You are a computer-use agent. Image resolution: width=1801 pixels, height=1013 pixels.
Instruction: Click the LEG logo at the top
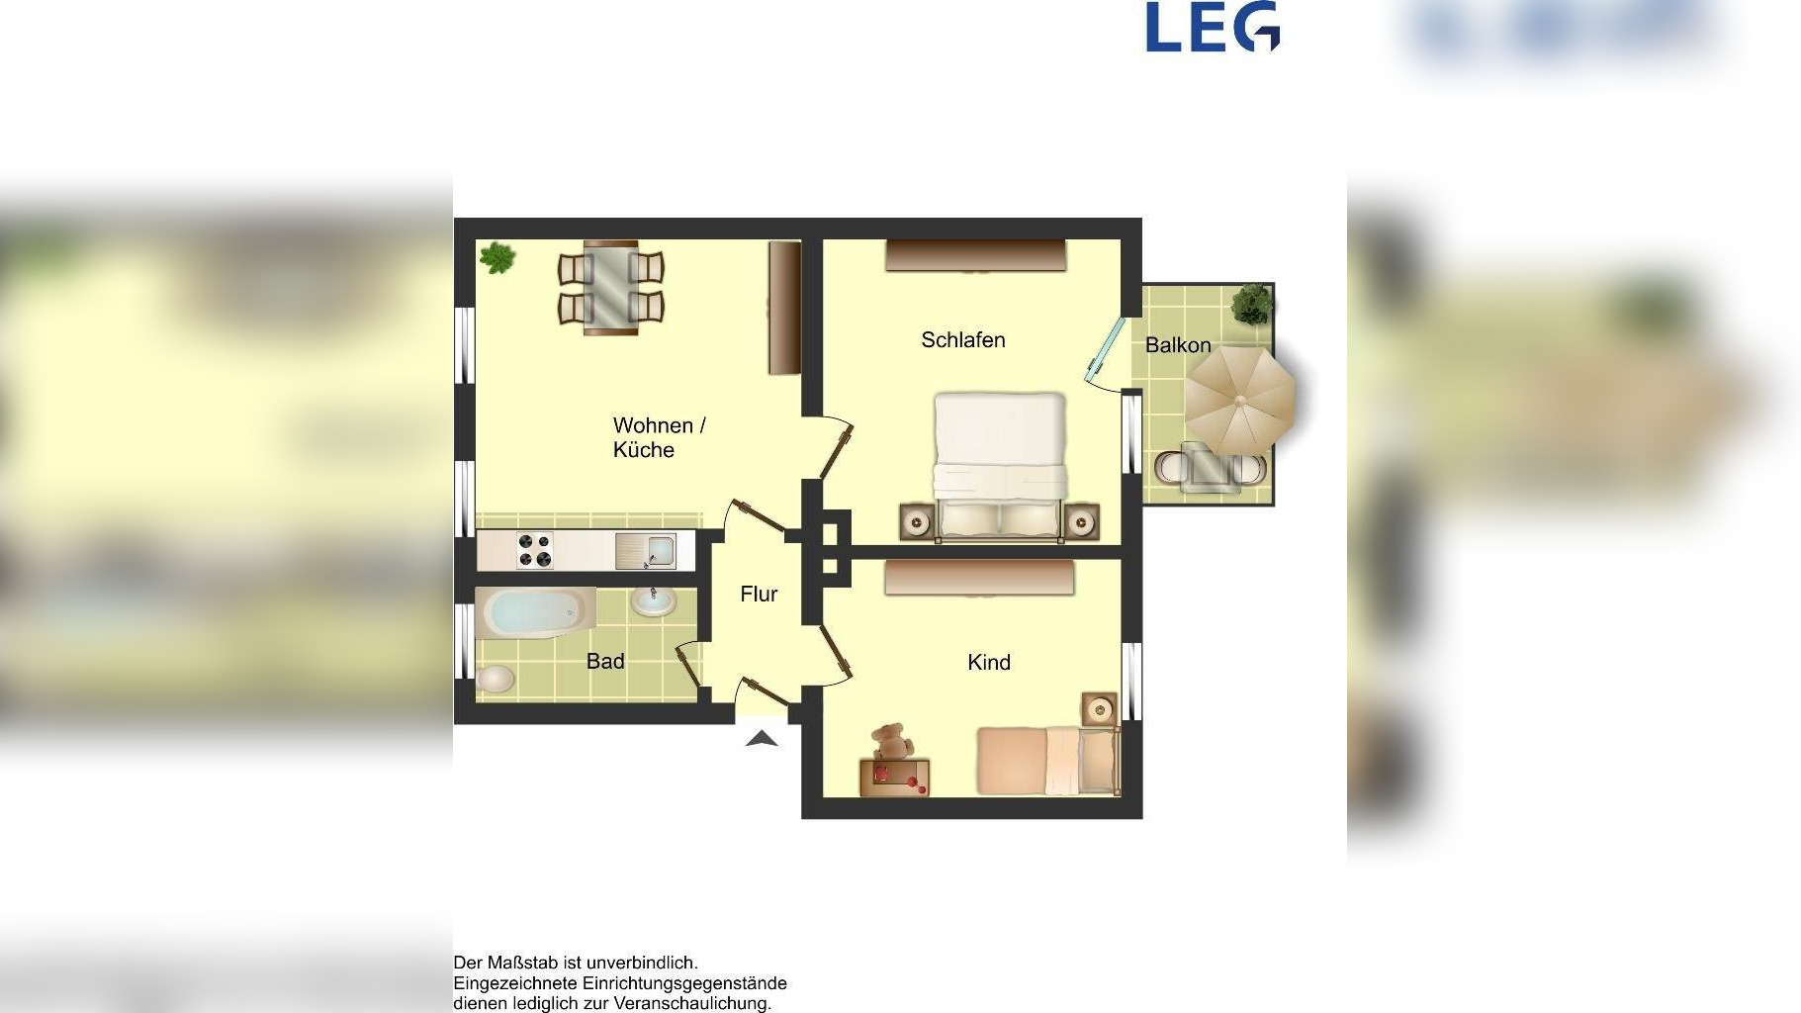pos(1213,27)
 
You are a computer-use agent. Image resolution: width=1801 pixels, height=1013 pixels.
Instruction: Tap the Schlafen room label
pos(962,340)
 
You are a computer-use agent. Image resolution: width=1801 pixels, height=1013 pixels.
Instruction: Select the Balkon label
pos(1177,345)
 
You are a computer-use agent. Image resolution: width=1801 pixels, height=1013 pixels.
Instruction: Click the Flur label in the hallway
pos(759,594)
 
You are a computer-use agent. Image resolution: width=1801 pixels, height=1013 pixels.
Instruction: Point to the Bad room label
pos(605,661)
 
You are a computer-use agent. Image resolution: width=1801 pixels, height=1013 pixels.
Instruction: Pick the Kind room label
pos(988,662)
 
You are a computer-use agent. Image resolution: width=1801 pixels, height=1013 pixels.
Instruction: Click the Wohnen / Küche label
pos(659,437)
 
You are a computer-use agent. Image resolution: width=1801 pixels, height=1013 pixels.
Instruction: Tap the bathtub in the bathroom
pos(535,612)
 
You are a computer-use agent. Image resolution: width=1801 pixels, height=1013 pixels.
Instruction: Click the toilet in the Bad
pos(495,679)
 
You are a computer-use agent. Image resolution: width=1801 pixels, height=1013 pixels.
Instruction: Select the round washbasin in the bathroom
pos(653,599)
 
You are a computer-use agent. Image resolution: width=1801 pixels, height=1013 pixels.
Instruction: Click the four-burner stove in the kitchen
pos(535,551)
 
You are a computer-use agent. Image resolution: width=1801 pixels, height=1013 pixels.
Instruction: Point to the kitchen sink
pos(646,551)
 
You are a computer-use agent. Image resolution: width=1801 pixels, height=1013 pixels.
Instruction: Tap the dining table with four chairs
pos(610,287)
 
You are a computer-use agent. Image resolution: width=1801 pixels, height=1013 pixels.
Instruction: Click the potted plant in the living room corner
pos(497,258)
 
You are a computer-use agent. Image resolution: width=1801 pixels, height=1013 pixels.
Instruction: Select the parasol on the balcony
pos(1240,397)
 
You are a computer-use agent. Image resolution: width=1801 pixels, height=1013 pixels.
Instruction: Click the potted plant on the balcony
pos(1252,305)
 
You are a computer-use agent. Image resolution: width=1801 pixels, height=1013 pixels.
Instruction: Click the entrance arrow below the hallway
pos(761,737)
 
